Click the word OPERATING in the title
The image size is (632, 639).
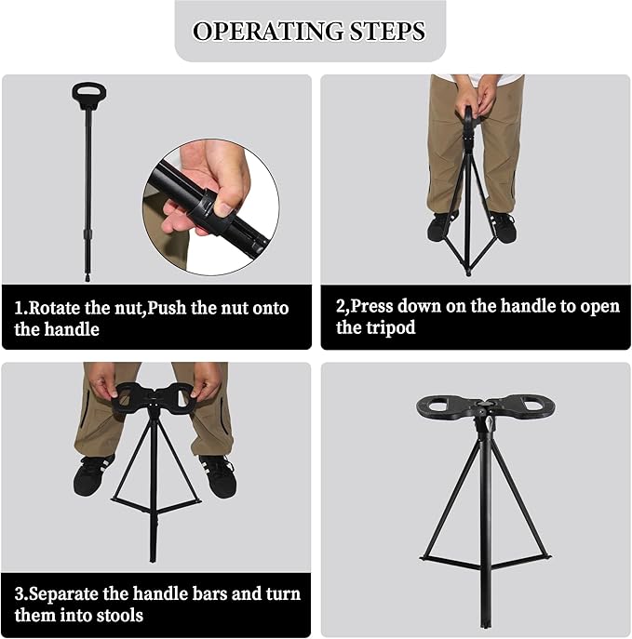coord(267,31)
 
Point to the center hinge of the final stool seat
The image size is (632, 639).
coord(484,410)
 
